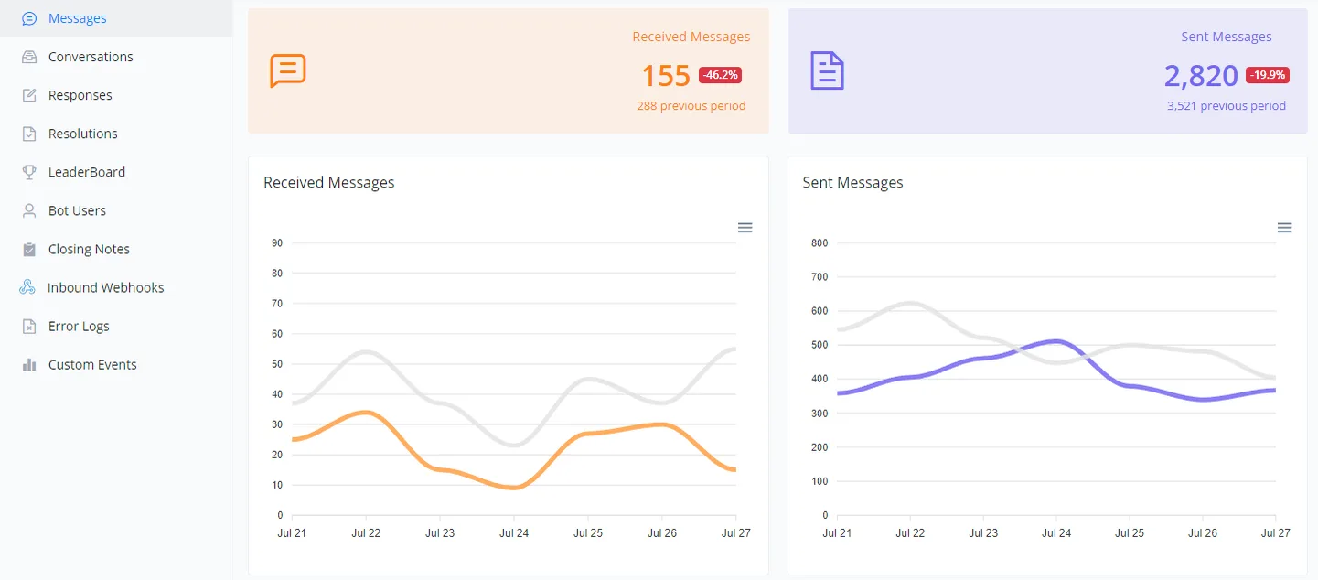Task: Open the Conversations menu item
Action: pyautogui.click(x=91, y=57)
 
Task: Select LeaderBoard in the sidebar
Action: pyautogui.click(x=87, y=172)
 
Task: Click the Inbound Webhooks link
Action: pyautogui.click(x=105, y=287)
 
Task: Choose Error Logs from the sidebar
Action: pyautogui.click(x=79, y=326)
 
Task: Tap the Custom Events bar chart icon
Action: pyautogui.click(x=29, y=365)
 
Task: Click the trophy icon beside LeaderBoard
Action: pyautogui.click(x=29, y=172)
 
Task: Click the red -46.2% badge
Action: pyautogui.click(x=720, y=75)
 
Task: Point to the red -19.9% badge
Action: pyautogui.click(x=1268, y=75)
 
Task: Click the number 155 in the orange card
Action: pyautogui.click(x=666, y=75)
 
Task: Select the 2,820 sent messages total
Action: pyautogui.click(x=1201, y=75)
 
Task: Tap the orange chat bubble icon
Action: pyautogui.click(x=288, y=70)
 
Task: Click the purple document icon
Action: pyautogui.click(x=827, y=70)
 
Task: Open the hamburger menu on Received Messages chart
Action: pyautogui.click(x=745, y=228)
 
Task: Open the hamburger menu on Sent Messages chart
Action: pyautogui.click(x=1284, y=228)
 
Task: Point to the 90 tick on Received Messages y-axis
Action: pyautogui.click(x=277, y=243)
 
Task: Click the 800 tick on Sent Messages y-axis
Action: pyautogui.click(x=820, y=243)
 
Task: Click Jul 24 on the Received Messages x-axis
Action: pyautogui.click(x=514, y=533)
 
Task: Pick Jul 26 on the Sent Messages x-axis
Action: pyautogui.click(x=1203, y=533)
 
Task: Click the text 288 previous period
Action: pyautogui.click(x=691, y=106)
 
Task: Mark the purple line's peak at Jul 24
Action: pyautogui.click(x=1056, y=340)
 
